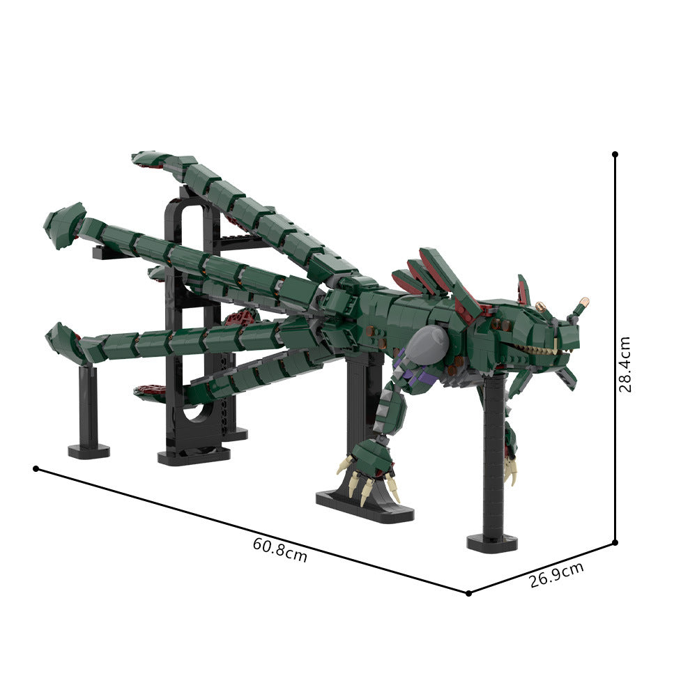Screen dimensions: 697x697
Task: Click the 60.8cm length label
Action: tap(279, 551)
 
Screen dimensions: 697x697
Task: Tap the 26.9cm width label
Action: tap(556, 575)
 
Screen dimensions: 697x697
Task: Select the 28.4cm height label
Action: tap(625, 364)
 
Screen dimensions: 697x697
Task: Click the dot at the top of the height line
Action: tap(615, 154)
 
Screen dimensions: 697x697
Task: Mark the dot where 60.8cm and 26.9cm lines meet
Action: tap(468, 593)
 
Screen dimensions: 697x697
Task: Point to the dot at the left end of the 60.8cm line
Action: tap(36, 468)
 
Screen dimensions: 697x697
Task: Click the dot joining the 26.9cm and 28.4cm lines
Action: tap(615, 542)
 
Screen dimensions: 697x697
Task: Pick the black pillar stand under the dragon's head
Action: tap(493, 453)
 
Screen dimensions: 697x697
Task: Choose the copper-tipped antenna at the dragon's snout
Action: tap(580, 306)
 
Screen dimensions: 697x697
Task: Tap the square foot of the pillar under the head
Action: tap(492, 542)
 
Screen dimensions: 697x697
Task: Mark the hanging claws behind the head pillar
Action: tap(511, 464)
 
